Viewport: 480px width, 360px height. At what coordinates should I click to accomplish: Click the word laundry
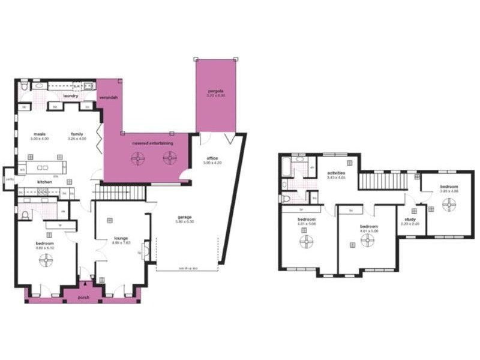coord(71,95)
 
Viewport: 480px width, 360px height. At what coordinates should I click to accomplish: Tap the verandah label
coord(109,97)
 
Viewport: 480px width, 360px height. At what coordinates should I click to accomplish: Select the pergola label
coord(215,91)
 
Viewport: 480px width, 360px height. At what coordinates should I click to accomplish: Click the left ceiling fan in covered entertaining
coord(139,157)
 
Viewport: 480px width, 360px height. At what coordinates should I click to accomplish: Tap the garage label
coord(184,217)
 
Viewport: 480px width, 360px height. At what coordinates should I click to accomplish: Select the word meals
coord(40,134)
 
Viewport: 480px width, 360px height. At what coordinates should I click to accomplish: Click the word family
coord(77,134)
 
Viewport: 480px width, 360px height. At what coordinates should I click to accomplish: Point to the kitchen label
coord(45,181)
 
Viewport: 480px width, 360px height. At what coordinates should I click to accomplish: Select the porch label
coord(84,296)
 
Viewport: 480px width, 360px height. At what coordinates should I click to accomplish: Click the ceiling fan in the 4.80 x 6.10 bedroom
coord(46,260)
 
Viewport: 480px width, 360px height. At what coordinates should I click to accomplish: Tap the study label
coord(410,220)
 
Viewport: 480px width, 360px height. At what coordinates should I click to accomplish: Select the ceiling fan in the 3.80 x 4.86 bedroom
coord(449,204)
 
